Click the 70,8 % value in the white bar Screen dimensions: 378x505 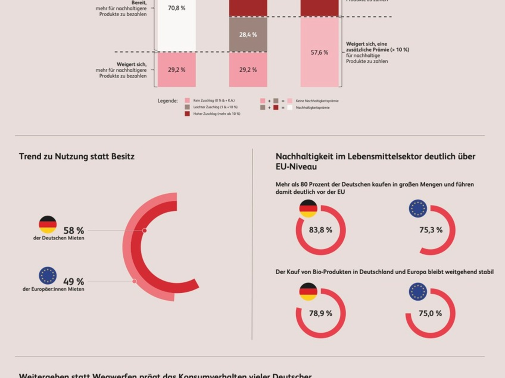click(176, 8)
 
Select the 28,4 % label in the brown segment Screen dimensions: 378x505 click(248, 35)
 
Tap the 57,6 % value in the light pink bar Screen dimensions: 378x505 click(319, 52)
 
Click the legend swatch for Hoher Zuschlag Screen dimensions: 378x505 click(187, 114)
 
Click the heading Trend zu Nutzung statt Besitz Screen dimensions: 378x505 click(77, 157)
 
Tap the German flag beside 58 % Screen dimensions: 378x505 click(48, 225)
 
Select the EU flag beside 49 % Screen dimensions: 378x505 click(48, 276)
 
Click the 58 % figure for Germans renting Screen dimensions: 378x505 click(74, 231)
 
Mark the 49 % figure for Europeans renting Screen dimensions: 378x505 click(74, 281)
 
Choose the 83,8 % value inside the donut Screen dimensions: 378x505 click(321, 230)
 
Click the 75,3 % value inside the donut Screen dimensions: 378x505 click(431, 230)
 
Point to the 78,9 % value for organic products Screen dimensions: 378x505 click(321, 313)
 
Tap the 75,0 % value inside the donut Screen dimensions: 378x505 click(431, 313)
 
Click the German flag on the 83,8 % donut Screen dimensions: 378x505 click(308, 209)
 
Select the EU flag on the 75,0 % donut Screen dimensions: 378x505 click(418, 292)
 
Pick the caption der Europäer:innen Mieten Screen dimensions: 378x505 click(53, 289)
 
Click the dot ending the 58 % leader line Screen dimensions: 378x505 click(144, 231)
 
